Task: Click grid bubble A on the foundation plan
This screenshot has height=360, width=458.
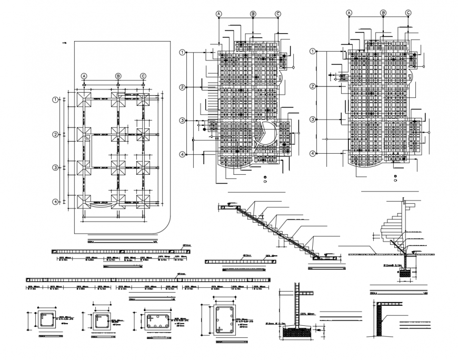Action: coord(83,76)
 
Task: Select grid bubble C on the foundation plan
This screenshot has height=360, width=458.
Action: coord(143,76)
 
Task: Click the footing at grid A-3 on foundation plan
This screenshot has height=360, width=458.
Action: coord(83,168)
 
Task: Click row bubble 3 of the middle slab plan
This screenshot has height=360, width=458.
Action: coord(183,121)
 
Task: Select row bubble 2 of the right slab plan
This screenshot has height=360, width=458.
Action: coord(313,86)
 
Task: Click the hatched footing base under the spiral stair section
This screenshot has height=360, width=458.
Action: coord(405,273)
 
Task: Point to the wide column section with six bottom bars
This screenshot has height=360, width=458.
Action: coord(156,319)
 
